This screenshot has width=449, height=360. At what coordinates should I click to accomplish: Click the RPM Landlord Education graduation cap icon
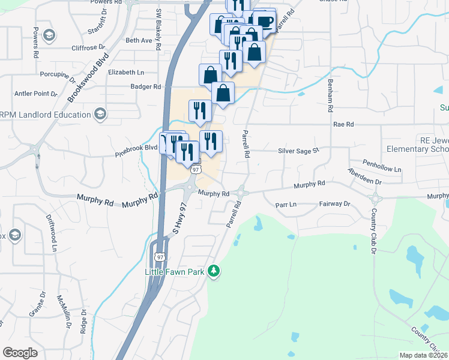click(x=100, y=114)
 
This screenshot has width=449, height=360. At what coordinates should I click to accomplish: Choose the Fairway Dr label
click(x=334, y=204)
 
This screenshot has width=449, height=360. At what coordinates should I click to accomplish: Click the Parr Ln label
click(x=286, y=204)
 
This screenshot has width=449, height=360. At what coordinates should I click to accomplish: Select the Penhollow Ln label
click(x=382, y=166)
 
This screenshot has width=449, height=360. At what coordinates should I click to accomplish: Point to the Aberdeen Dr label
click(x=365, y=176)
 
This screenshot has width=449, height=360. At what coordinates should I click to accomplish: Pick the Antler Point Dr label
click(x=35, y=94)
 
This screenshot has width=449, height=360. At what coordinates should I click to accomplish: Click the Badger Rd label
click(x=146, y=86)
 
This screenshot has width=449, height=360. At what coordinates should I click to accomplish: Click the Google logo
click(x=20, y=352)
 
